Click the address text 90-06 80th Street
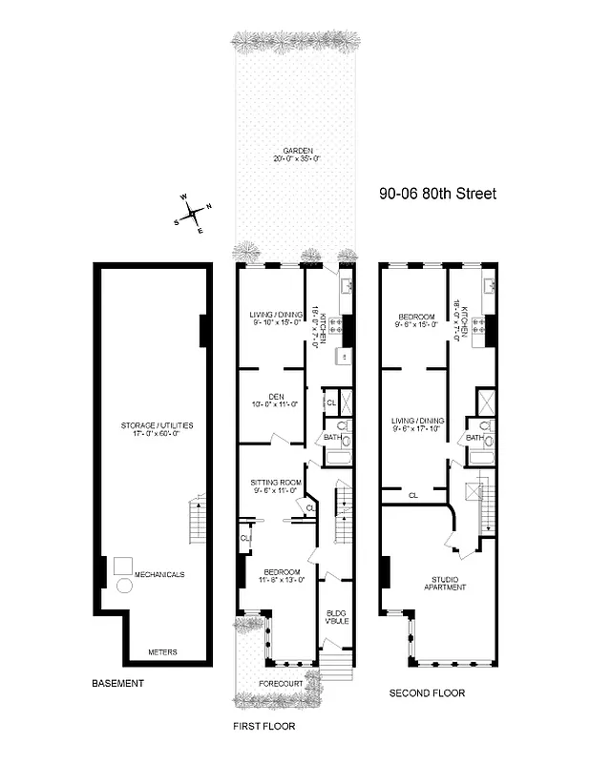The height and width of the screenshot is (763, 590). (438, 195)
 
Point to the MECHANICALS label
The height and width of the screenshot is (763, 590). (159, 574)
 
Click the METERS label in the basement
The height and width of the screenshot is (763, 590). (162, 652)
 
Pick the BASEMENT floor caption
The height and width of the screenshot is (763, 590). (117, 683)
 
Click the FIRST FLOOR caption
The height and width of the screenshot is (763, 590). (264, 726)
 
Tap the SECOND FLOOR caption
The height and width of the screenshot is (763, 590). (427, 693)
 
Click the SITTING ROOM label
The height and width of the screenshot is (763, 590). (275, 482)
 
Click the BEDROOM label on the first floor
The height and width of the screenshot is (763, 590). (276, 572)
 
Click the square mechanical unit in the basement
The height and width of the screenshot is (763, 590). (123, 565)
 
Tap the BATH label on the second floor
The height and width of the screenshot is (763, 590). (474, 438)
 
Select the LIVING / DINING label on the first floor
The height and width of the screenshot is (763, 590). (275, 316)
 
